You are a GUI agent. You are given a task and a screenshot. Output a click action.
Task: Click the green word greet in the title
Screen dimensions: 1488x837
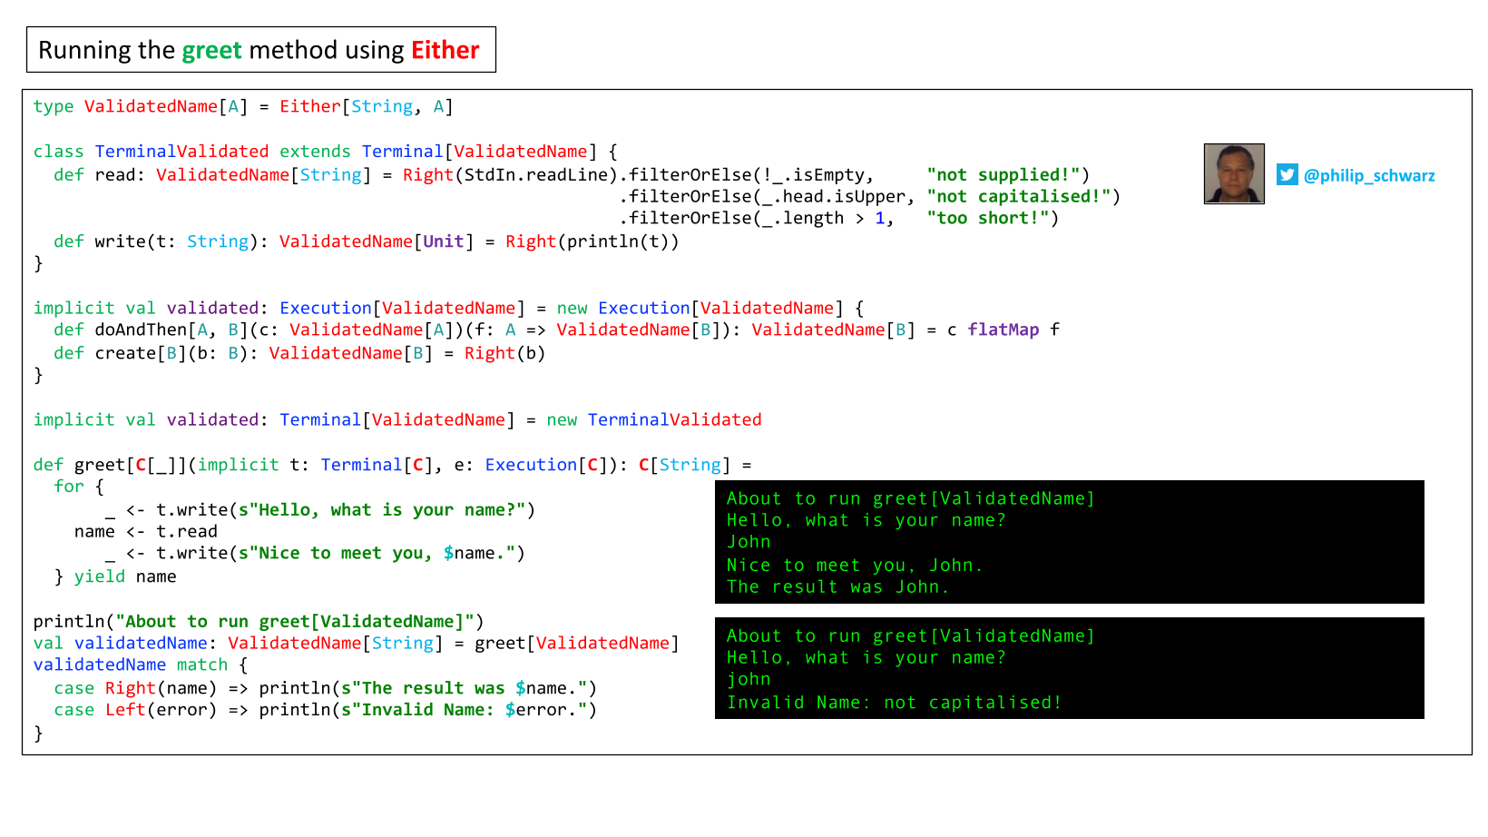point(212,51)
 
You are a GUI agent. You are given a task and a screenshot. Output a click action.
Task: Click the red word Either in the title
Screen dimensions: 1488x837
point(445,50)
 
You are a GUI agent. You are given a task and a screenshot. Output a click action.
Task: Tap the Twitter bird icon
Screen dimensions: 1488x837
point(1287,175)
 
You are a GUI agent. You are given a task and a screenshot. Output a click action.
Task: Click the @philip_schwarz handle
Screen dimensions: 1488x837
point(1369,175)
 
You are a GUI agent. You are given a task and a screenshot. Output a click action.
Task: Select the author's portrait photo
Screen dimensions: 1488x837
point(1234,173)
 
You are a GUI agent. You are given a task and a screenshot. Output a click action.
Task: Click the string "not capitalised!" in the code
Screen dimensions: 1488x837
point(1018,197)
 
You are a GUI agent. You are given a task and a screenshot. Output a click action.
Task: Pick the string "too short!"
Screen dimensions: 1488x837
point(988,218)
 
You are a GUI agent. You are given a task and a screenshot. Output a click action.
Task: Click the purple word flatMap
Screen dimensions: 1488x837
point(1003,330)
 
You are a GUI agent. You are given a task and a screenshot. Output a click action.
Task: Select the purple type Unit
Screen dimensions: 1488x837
point(443,241)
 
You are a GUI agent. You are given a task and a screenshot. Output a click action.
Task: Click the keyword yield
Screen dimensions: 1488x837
point(99,576)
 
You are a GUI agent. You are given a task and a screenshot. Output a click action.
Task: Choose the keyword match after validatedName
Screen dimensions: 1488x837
point(202,665)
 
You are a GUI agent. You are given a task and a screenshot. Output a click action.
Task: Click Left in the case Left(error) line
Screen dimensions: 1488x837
point(125,710)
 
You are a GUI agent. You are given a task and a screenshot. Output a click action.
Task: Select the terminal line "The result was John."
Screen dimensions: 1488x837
point(837,587)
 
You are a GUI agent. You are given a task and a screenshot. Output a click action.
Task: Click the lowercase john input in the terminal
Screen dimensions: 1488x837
point(748,679)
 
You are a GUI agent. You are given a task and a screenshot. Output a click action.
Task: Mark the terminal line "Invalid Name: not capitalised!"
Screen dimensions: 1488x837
point(894,703)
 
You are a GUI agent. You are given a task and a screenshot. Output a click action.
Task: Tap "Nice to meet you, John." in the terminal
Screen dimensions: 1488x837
point(855,565)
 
